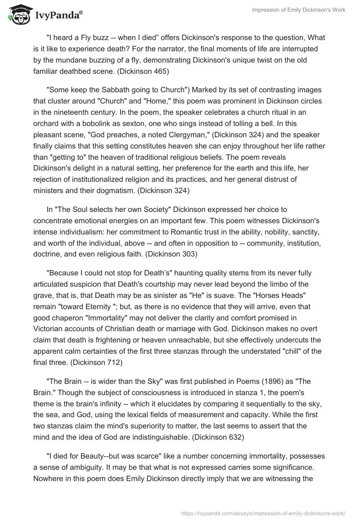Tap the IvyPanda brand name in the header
click(58, 16)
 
